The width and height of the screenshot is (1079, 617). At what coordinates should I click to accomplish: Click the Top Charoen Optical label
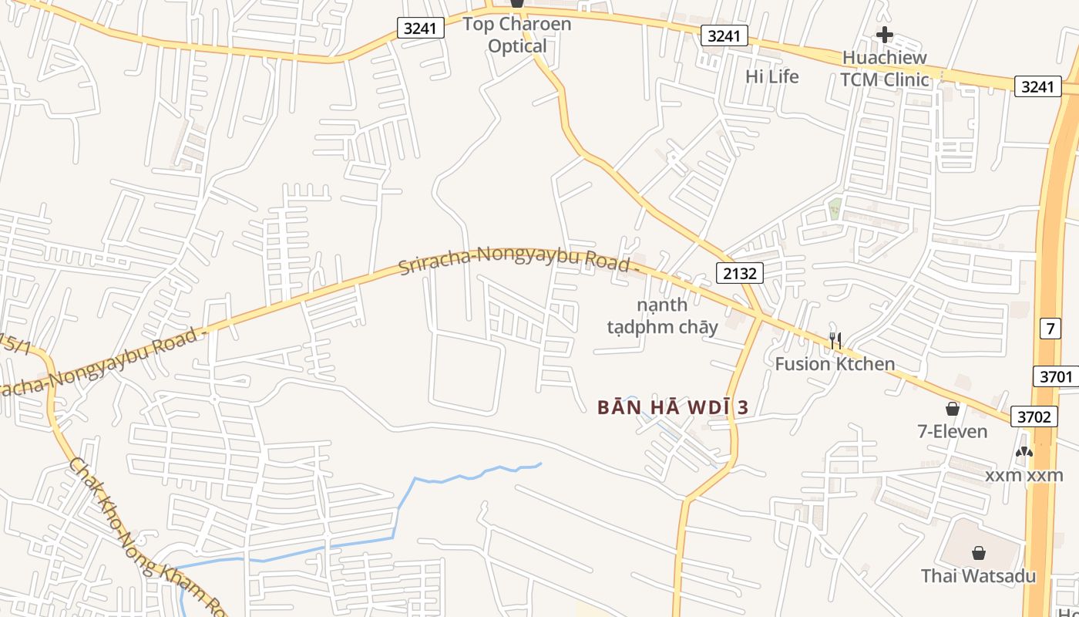coord(517,35)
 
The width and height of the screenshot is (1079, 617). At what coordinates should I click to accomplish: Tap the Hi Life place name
coord(771,76)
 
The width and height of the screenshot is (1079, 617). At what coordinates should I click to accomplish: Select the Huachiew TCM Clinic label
coord(884,69)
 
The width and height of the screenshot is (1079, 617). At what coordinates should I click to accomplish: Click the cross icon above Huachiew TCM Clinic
coord(884,35)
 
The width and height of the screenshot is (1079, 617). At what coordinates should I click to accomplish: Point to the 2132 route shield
coord(739,272)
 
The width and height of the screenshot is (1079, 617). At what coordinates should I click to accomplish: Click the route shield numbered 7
coord(1050,329)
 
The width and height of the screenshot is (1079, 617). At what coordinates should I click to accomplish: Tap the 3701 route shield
coord(1054,376)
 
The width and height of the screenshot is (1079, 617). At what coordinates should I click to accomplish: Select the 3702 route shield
coord(1034,416)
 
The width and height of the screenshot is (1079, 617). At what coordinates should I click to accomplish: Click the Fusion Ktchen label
coord(835,364)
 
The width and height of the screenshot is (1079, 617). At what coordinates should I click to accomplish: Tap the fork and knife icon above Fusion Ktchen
coord(835,339)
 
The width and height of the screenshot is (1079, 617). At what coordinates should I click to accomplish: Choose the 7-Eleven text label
coord(952,431)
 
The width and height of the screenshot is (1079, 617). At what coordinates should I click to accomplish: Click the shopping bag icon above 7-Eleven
coord(953,409)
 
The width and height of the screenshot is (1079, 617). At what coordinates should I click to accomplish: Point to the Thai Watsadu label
coord(978,575)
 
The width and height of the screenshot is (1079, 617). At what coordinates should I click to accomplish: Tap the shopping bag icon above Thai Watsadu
coord(978,553)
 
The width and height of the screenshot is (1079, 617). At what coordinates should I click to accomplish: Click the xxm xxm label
coord(1024,475)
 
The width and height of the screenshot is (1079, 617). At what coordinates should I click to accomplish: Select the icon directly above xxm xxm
coord(1024,453)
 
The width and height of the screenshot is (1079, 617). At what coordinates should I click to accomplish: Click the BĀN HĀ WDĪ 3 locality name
coord(673,407)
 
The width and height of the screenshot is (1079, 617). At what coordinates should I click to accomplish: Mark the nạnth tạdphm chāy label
coord(662,315)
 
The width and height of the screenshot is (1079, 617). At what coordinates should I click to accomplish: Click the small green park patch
coord(835,207)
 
